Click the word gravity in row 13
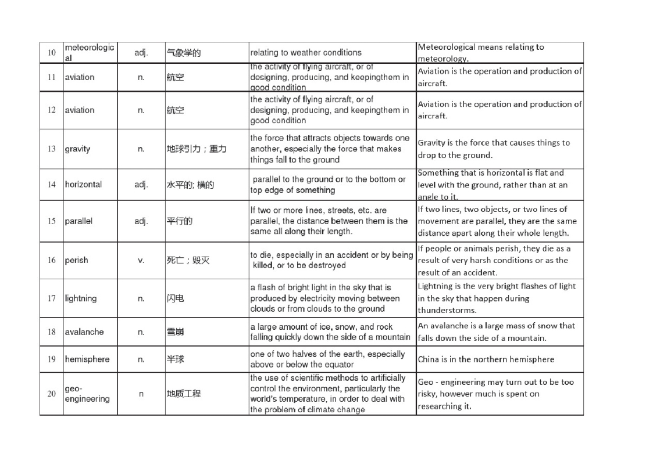tap(77, 149)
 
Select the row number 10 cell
tap(51, 53)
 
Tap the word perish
tap(76, 260)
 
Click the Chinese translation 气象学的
tap(183, 53)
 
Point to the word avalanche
tap(84, 332)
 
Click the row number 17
tap(51, 298)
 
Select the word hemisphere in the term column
tap(87, 359)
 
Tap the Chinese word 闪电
tap(175, 298)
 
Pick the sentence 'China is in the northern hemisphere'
tap(486, 359)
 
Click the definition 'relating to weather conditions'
tap(306, 53)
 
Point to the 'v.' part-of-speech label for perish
tap(141, 260)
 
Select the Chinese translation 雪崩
tap(175, 332)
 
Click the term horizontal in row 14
tap(83, 185)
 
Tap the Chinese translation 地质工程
tap(183, 394)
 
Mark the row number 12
tap(51, 110)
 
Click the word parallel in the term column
tap(78, 221)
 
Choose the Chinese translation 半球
tap(175, 359)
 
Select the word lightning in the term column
tap(81, 298)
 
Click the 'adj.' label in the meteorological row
tap(141, 53)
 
